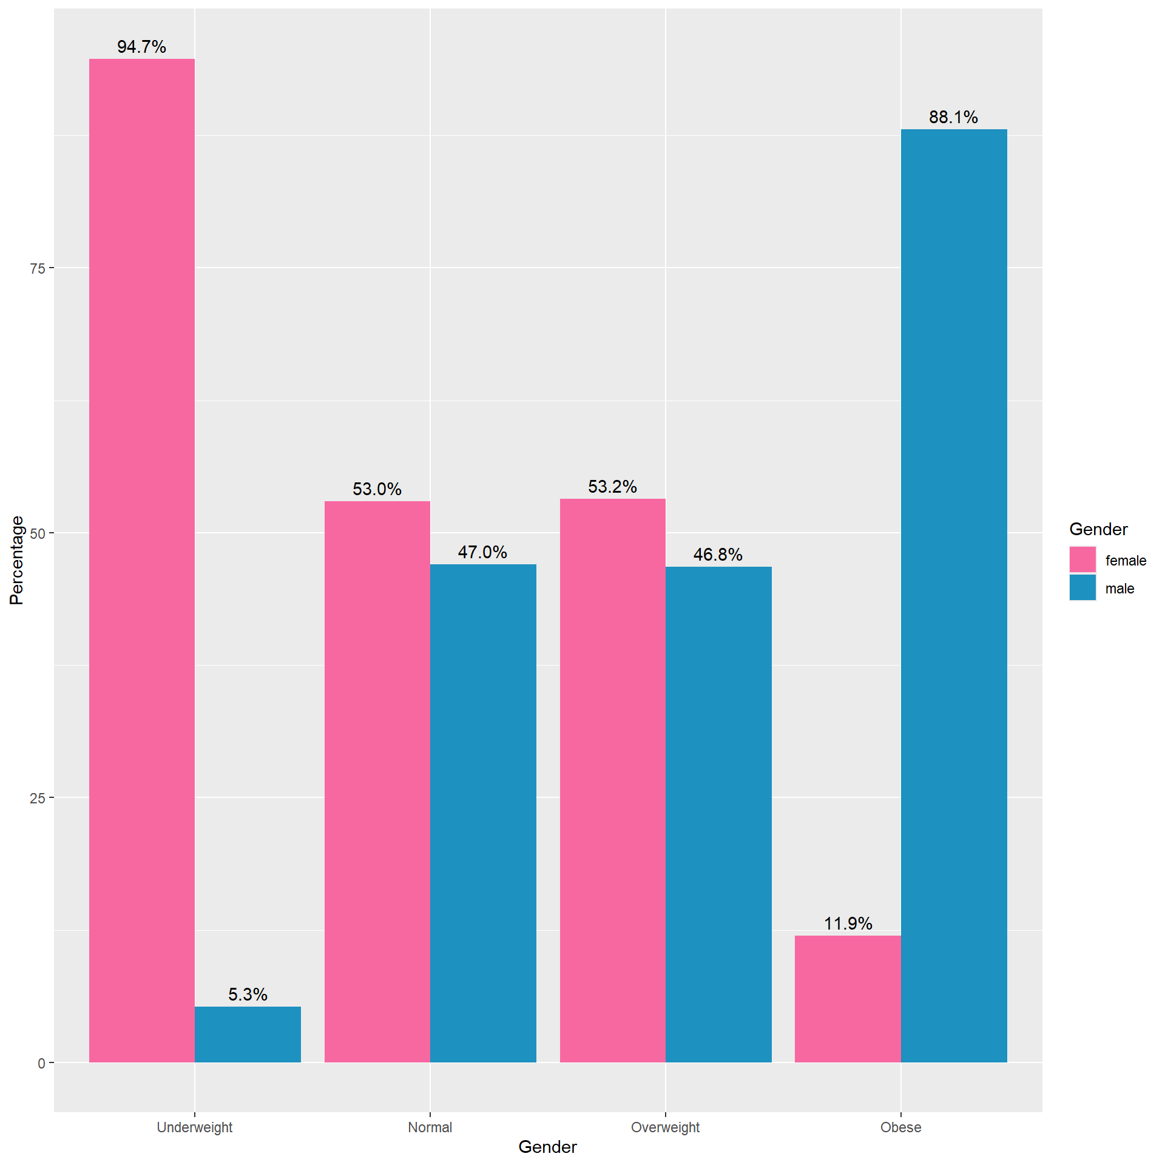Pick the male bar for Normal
click(483, 813)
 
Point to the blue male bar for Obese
click(954, 595)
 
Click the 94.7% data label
click(141, 47)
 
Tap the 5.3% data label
click(248, 994)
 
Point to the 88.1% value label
click(953, 117)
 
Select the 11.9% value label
click(848, 924)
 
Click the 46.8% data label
click(718, 555)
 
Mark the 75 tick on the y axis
click(38, 268)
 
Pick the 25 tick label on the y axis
click(38, 798)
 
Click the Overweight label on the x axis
click(665, 1127)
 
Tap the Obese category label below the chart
click(900, 1127)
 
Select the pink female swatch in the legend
click(1082, 559)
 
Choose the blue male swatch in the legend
click(1082, 587)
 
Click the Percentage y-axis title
click(16, 560)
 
